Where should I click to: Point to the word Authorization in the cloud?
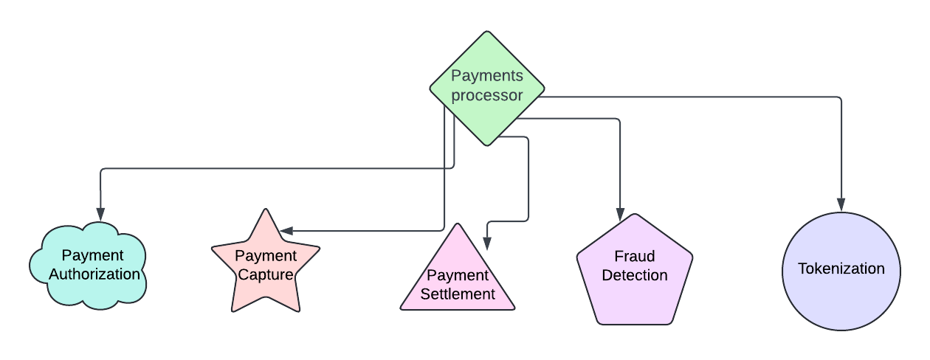[94, 274]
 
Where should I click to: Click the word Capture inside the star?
[265, 275]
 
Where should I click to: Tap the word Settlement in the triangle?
[458, 294]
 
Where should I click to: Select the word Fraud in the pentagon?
[635, 257]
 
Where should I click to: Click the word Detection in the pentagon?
[635, 275]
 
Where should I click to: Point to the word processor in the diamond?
[487, 95]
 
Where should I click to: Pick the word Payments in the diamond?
[487, 76]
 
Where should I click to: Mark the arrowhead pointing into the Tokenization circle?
[841, 206]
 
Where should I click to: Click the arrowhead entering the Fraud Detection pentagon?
[620, 214]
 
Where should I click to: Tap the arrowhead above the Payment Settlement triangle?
[486, 244]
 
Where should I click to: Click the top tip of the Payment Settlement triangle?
[458, 225]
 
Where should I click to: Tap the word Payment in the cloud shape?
[92, 255]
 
